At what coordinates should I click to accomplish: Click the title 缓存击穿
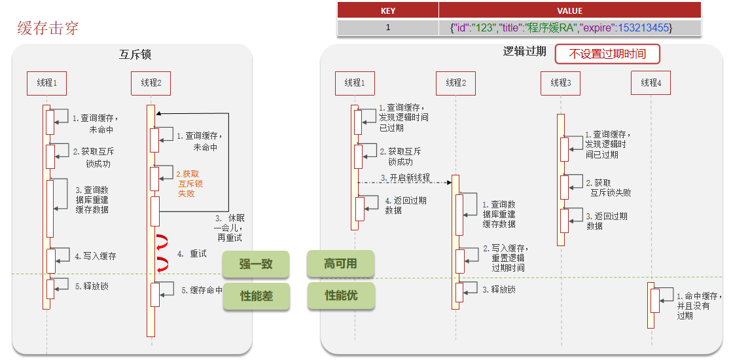tap(48, 28)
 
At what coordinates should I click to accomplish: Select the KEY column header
tap(387, 10)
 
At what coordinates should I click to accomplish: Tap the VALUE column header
tap(569, 10)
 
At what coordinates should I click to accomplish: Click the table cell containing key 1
tap(387, 27)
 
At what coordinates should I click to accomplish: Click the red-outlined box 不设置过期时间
tap(607, 54)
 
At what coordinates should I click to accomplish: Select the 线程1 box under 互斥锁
tap(46, 82)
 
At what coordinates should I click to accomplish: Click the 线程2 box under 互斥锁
tap(151, 82)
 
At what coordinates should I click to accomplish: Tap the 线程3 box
tap(560, 82)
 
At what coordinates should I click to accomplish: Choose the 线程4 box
tap(651, 82)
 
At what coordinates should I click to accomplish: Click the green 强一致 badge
tap(255, 264)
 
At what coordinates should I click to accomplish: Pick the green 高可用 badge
tap(340, 264)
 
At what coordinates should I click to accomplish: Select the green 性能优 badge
tap(341, 296)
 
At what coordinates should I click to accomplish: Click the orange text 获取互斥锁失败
tap(190, 184)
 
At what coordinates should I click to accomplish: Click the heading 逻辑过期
tap(524, 52)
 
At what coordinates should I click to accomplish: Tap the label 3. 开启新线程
tap(405, 178)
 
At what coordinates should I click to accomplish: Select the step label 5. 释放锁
tap(92, 286)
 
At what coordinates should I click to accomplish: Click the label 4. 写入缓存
tap(95, 256)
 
